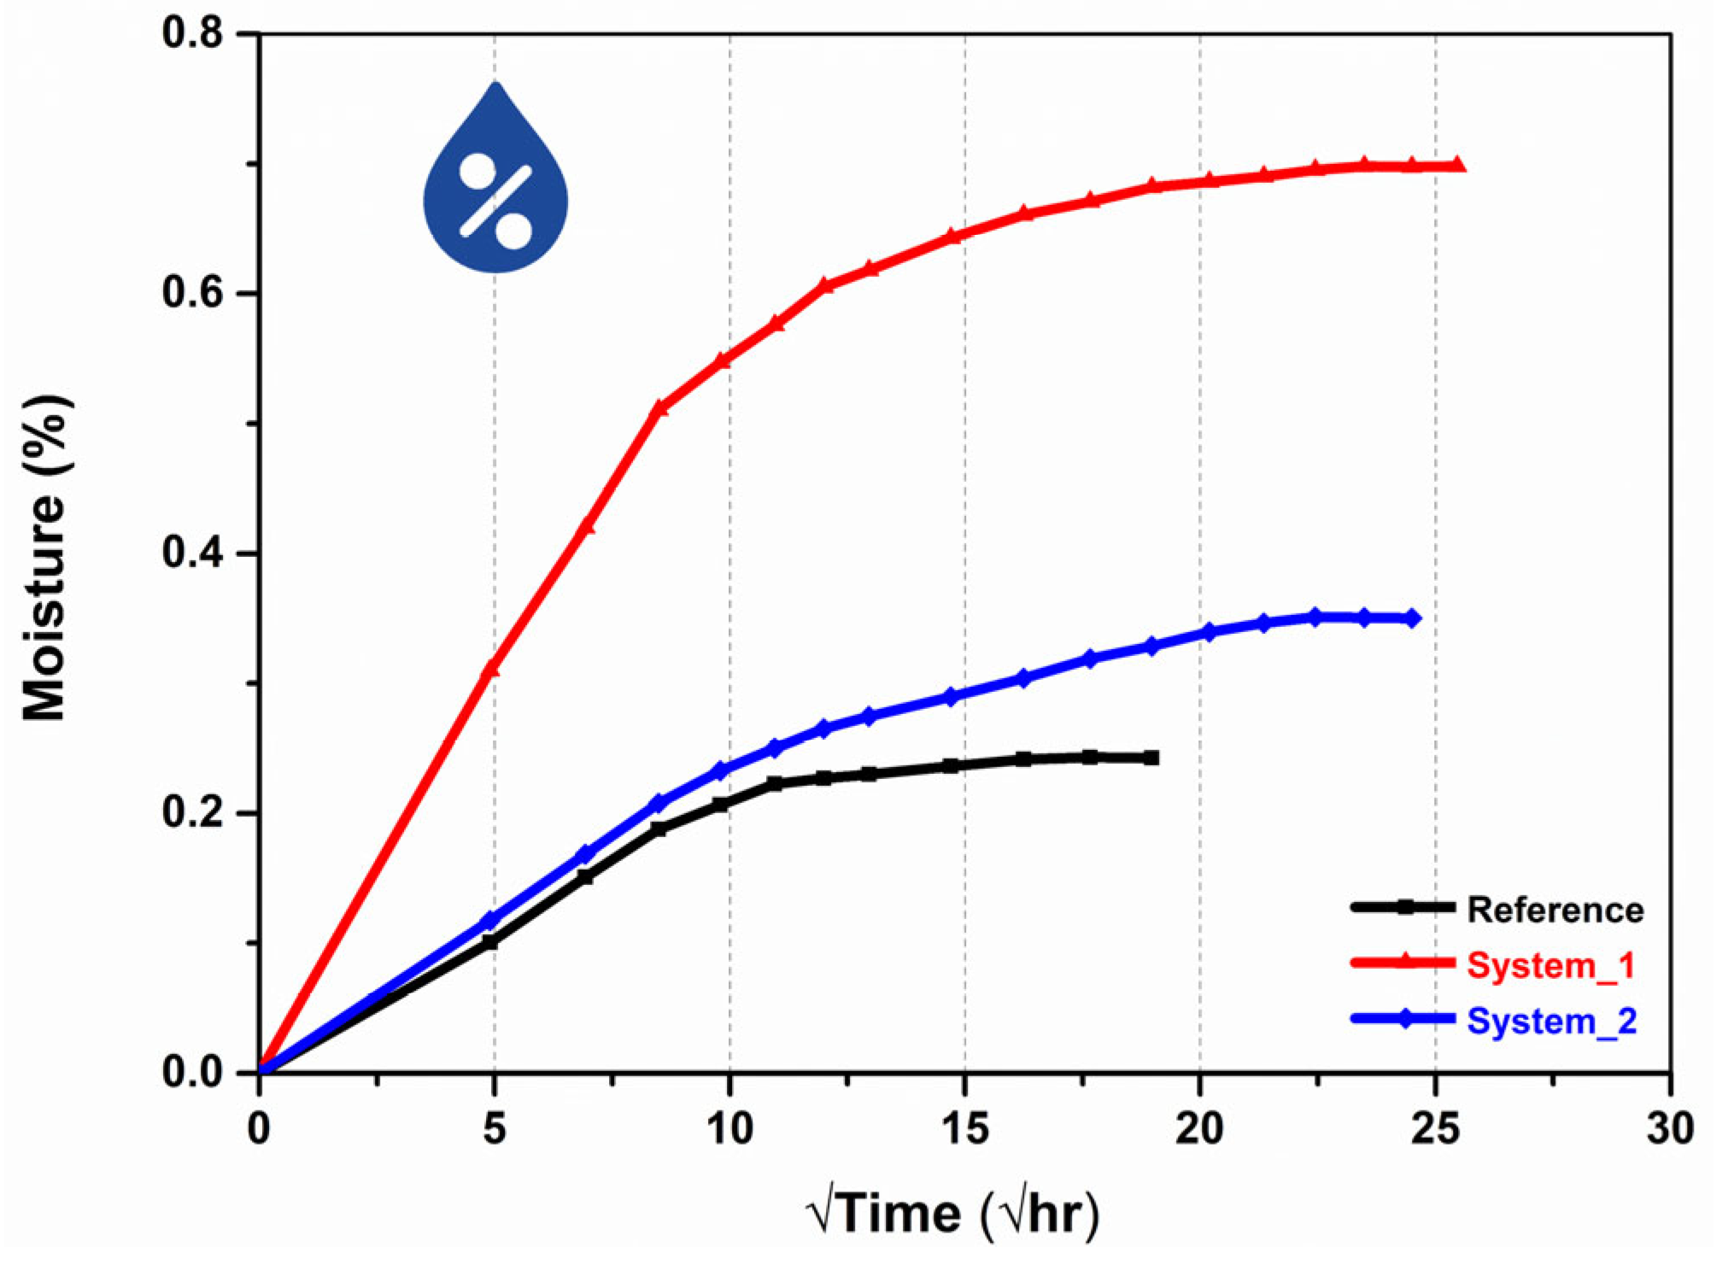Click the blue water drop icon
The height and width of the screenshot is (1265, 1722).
(x=495, y=184)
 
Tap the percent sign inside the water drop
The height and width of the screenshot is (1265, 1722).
(x=495, y=202)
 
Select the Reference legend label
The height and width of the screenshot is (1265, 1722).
(x=1555, y=911)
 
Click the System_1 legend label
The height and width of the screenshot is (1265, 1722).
(x=1550, y=965)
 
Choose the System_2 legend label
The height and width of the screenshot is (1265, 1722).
(x=1551, y=1022)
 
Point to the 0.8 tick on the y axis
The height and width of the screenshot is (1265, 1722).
(x=192, y=33)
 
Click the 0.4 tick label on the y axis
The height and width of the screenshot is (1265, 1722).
(x=192, y=553)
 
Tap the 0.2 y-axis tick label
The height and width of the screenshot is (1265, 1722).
(x=192, y=813)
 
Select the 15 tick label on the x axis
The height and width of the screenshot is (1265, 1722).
(x=965, y=1129)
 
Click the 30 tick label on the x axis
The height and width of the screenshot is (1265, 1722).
(x=1670, y=1129)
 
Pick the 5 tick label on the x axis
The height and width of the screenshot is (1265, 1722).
(x=494, y=1129)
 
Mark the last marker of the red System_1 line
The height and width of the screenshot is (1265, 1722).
(x=1458, y=165)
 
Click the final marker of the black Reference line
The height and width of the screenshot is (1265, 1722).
(x=1151, y=758)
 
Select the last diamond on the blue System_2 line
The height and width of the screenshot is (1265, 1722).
(x=1412, y=618)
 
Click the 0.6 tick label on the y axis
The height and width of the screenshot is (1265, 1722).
(x=192, y=293)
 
